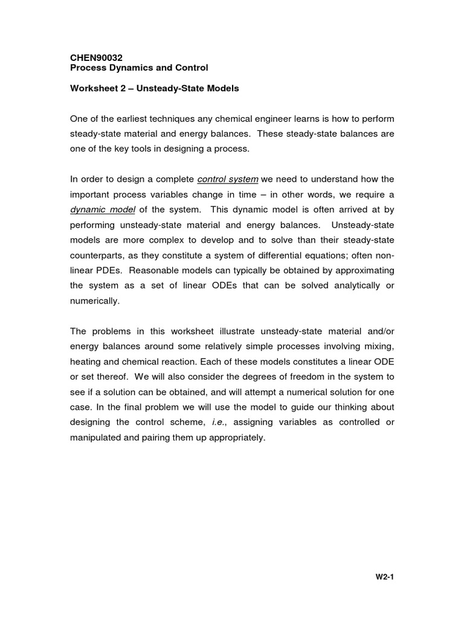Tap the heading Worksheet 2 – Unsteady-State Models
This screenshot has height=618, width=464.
click(155, 88)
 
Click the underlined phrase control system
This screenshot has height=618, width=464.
click(228, 179)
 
